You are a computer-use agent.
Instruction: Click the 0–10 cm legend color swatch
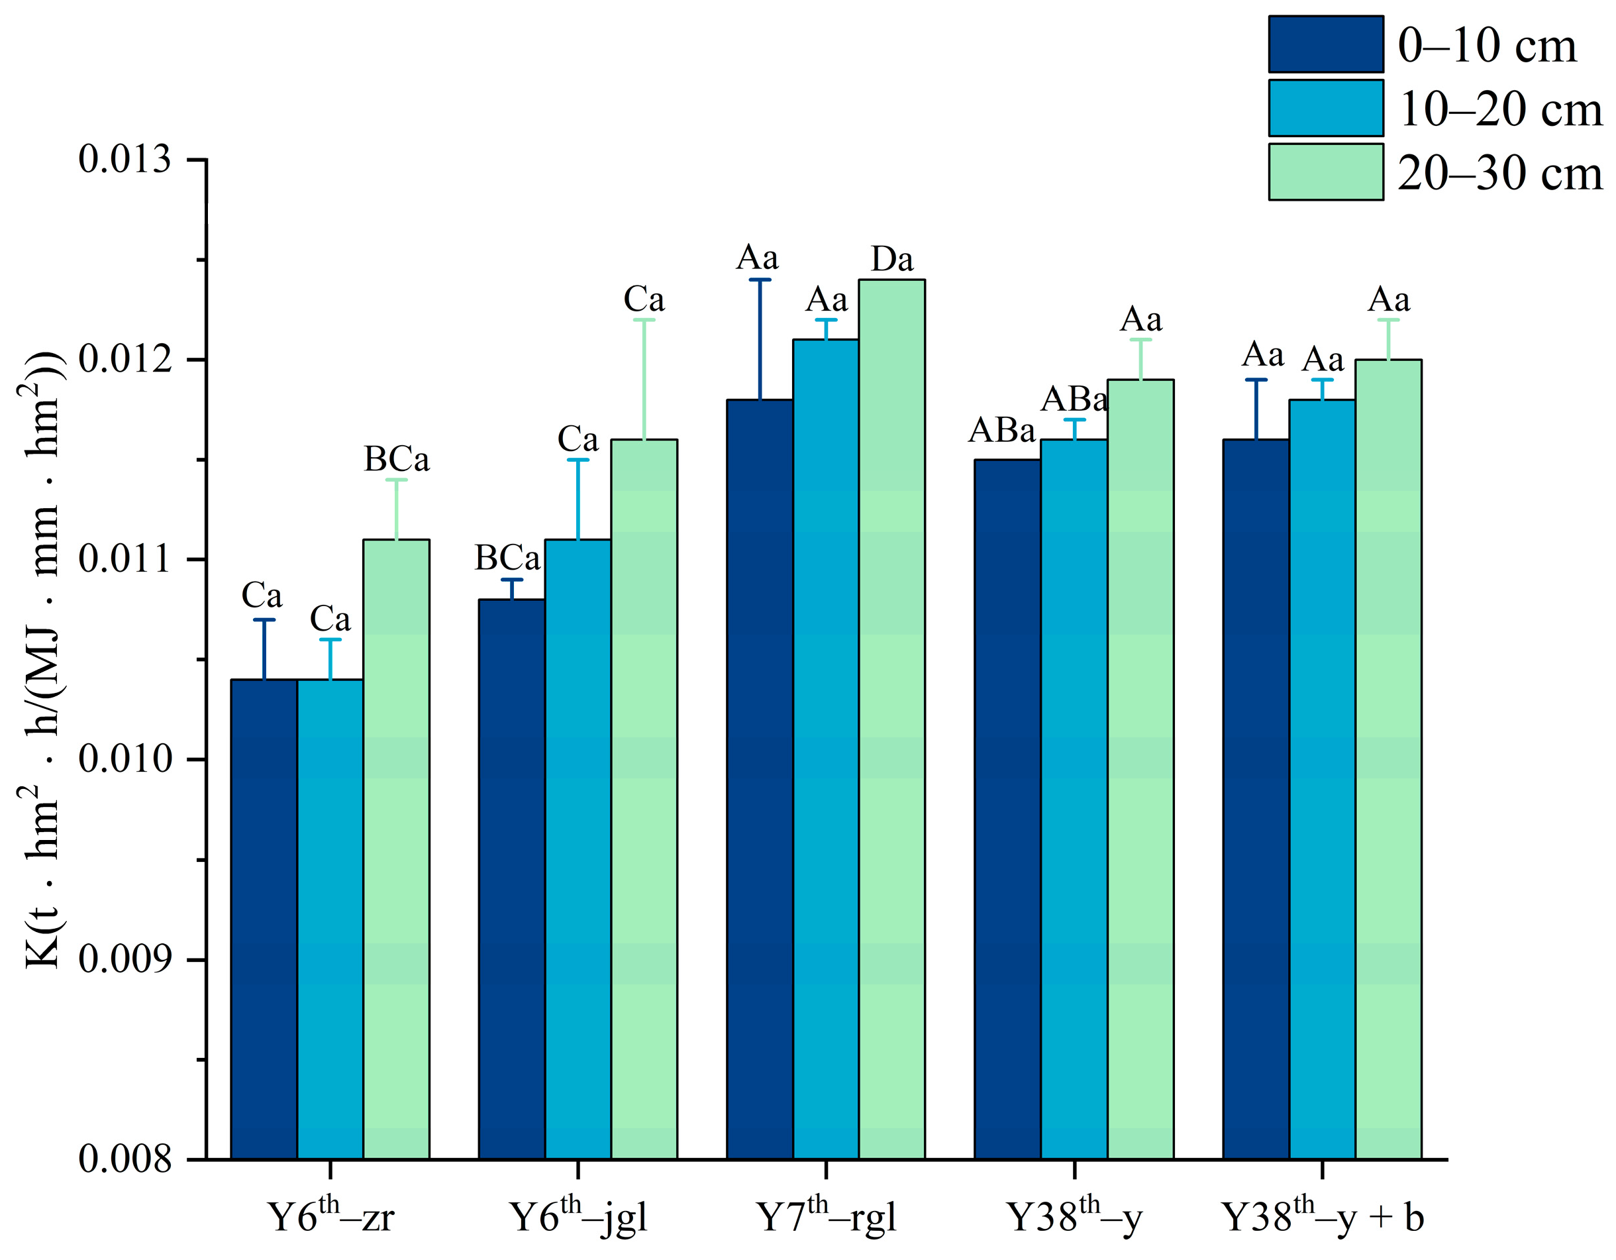click(1325, 44)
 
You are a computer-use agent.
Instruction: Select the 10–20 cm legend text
click(1500, 109)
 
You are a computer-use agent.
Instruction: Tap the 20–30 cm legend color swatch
click(1325, 172)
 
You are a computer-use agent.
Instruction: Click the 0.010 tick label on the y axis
click(125, 759)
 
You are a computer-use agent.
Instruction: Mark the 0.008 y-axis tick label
click(125, 1159)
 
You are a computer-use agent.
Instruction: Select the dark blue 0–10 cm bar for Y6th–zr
click(264, 918)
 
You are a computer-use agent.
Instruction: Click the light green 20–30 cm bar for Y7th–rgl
click(891, 718)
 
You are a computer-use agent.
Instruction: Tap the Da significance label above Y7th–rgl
click(891, 259)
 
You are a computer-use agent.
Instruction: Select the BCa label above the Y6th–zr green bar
click(397, 460)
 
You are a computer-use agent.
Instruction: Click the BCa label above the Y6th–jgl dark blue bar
click(507, 558)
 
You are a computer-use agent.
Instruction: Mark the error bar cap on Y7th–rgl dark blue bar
click(760, 280)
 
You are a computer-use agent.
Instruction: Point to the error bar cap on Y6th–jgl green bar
click(644, 320)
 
